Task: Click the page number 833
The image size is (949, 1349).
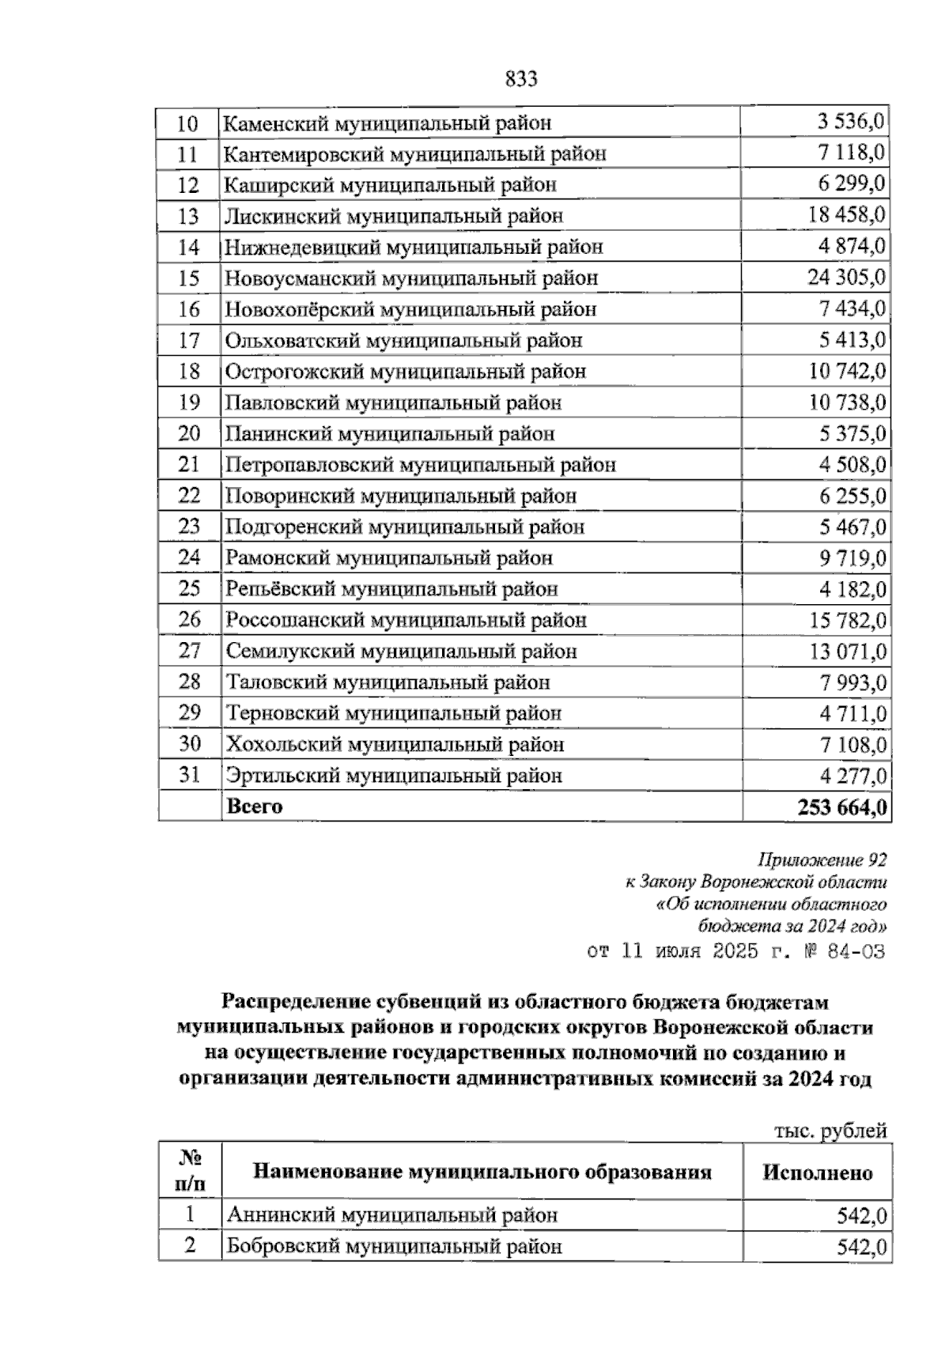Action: [x=521, y=79]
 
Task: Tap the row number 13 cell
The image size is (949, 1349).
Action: [x=188, y=216]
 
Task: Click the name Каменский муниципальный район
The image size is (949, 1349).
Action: [x=388, y=123]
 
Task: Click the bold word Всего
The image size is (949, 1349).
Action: [x=254, y=807]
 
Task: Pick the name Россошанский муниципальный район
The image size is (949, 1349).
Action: [x=406, y=620]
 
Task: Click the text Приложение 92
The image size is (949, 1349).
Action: [x=822, y=860]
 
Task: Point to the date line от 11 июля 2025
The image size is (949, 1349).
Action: [x=735, y=950]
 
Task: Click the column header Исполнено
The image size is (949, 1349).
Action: [x=817, y=1173]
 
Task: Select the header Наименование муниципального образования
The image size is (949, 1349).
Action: [x=482, y=1172]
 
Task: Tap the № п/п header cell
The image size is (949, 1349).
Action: [x=189, y=1171]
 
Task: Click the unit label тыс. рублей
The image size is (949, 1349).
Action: [x=830, y=1132]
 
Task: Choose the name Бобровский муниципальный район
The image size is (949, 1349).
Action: [x=394, y=1247]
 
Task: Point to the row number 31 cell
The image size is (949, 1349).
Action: [x=189, y=775]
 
